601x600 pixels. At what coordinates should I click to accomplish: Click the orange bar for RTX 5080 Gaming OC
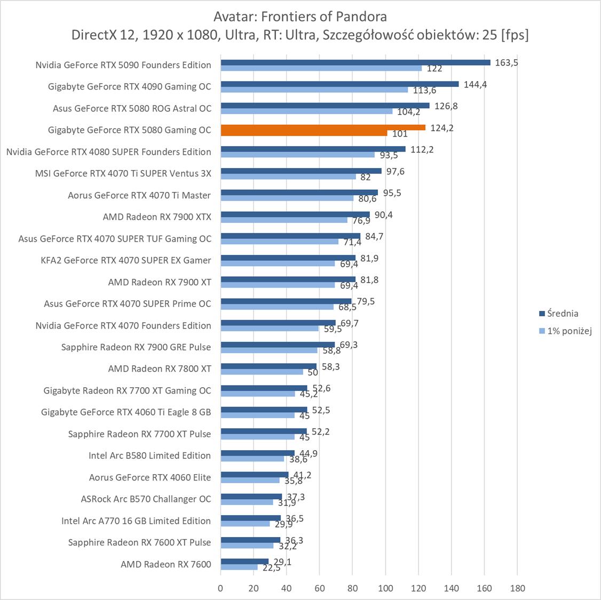(x=323, y=127)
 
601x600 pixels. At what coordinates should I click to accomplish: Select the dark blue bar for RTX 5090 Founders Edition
(x=355, y=62)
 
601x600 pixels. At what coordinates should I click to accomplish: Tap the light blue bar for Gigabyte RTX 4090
(x=314, y=90)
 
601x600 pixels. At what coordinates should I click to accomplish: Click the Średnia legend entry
(x=558, y=314)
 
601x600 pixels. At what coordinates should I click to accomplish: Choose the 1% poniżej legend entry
(x=565, y=331)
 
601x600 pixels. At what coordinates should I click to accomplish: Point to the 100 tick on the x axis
(x=385, y=588)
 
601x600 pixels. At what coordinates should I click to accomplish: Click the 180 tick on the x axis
(x=517, y=588)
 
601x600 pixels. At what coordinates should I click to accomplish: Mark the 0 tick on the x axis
(x=220, y=588)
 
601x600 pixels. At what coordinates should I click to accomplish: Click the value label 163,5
(x=507, y=62)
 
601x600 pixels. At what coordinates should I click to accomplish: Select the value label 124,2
(x=441, y=127)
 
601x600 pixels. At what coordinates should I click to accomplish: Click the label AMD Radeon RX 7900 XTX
(x=157, y=217)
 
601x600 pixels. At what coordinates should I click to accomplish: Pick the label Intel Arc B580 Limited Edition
(x=149, y=455)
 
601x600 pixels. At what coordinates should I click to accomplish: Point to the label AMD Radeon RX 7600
(x=165, y=564)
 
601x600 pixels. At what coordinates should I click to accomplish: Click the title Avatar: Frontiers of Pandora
(x=300, y=16)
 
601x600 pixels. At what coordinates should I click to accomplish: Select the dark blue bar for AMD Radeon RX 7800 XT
(x=268, y=366)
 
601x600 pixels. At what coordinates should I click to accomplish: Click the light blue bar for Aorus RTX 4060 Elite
(x=250, y=480)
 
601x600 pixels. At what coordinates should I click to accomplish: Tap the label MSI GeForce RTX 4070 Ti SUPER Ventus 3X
(x=123, y=173)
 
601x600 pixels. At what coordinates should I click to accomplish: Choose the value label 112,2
(x=422, y=149)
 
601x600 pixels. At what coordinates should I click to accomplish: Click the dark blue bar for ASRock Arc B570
(x=251, y=497)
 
